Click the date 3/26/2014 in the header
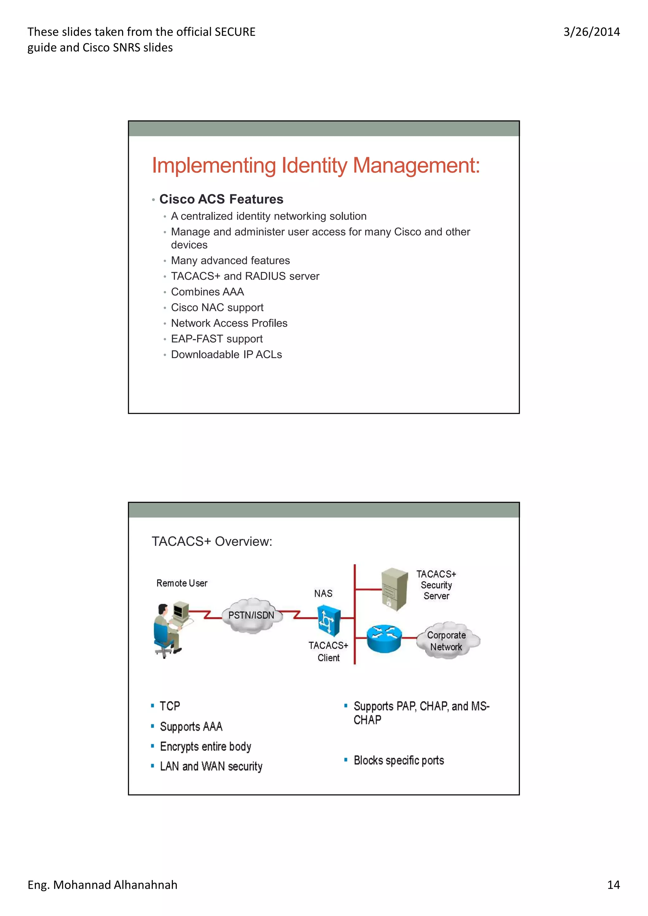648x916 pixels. coord(591,32)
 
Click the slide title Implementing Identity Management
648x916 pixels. coord(315,166)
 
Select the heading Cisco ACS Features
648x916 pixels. coord(221,199)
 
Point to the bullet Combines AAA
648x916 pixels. coord(207,292)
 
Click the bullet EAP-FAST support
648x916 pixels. coord(217,339)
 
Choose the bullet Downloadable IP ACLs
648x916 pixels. coord(226,355)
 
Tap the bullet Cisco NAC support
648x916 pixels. coord(217,308)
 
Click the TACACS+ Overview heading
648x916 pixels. coord(212,541)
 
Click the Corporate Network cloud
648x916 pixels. coord(447,640)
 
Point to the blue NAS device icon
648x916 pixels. coord(329,620)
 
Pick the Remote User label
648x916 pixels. coord(182,583)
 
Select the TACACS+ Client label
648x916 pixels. coord(328,651)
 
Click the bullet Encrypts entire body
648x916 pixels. coord(205,747)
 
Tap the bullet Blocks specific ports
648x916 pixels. coord(398,760)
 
